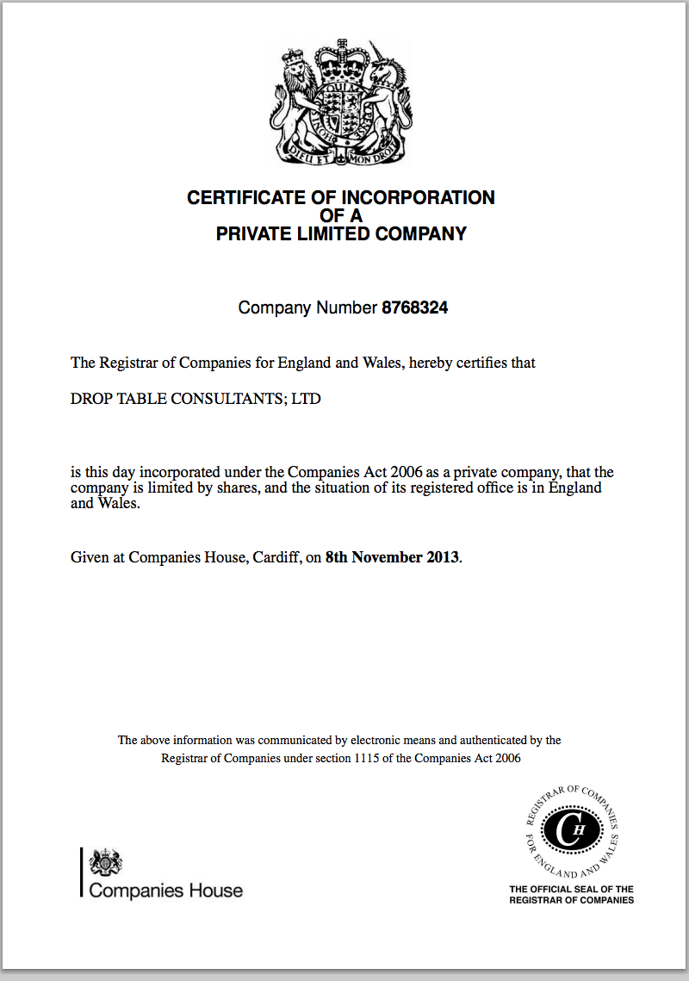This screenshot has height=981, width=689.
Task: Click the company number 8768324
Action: (414, 307)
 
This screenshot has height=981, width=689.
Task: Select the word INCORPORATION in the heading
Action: (428, 198)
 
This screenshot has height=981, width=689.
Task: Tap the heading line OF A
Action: (342, 215)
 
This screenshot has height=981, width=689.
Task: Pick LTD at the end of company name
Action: (307, 400)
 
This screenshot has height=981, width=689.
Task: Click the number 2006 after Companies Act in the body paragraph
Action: (404, 472)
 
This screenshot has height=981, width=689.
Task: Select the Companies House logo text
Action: (165, 891)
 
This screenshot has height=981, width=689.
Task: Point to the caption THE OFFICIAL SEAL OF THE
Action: (571, 889)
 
